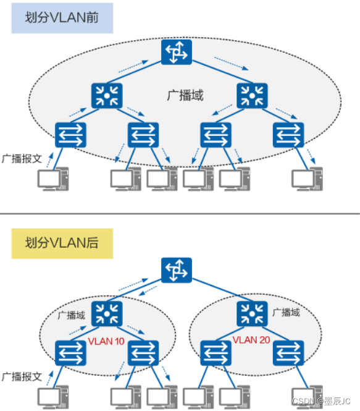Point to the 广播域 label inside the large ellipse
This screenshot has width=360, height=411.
(x=185, y=96)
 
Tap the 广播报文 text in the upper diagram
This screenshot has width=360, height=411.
(x=22, y=159)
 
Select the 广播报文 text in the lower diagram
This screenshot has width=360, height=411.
(x=22, y=376)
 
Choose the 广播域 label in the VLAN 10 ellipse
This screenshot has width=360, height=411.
(x=70, y=315)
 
